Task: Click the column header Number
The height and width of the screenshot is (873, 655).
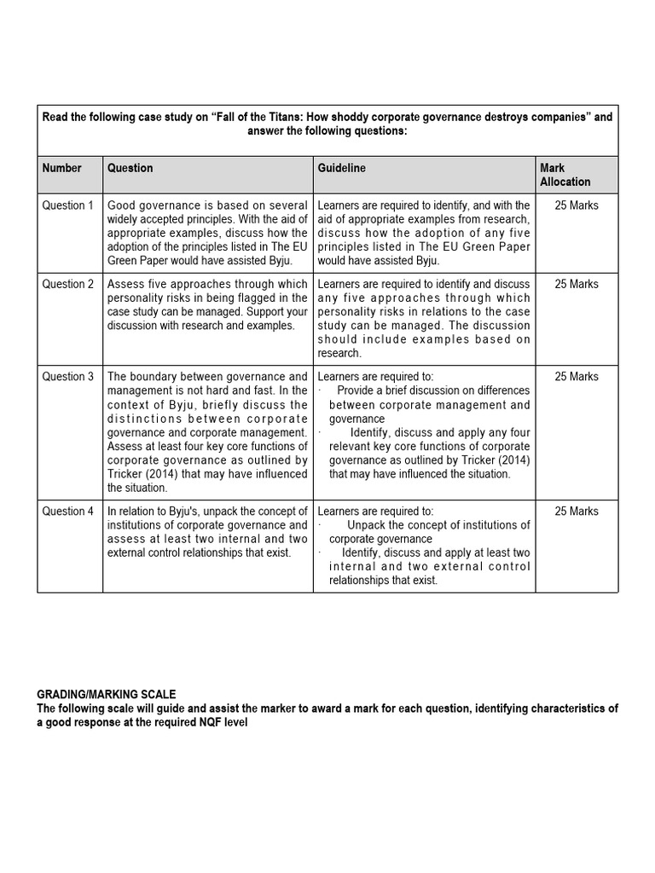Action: click(62, 168)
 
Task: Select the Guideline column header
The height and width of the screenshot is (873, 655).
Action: click(341, 168)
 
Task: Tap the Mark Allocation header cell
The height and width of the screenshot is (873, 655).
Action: click(565, 175)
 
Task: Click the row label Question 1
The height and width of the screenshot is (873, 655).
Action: click(68, 205)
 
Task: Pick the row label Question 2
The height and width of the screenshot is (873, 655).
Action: click(68, 284)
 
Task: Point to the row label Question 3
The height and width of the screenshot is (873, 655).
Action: click(68, 376)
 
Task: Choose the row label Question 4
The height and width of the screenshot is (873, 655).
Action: click(68, 512)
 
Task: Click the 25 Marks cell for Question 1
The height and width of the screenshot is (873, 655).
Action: click(577, 205)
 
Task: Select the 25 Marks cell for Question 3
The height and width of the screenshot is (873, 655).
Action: click(577, 376)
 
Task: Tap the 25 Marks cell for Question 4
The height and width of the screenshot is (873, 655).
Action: click(577, 512)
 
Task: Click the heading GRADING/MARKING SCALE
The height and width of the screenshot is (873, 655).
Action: click(107, 695)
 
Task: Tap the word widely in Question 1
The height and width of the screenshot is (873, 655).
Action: click(125, 219)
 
